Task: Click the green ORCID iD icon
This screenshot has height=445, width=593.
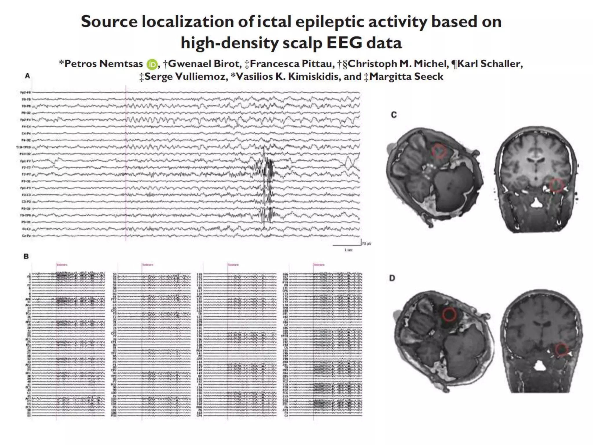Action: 152,64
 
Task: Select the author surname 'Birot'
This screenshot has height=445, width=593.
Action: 227,64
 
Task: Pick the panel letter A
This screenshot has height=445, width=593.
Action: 28,76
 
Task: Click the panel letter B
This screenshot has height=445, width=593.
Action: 26,256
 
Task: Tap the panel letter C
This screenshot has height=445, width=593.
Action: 394,115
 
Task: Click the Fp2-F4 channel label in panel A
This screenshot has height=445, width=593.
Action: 25,120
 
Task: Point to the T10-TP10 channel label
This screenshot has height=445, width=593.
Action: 23,147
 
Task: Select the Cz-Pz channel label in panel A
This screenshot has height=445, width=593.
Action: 26,236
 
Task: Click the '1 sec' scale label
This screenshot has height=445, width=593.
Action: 348,250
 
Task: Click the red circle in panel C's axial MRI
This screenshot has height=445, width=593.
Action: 439,151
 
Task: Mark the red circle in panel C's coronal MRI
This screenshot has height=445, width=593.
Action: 556,185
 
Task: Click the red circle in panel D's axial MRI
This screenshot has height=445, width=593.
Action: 449,314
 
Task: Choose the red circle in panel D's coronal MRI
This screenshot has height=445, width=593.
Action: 562,349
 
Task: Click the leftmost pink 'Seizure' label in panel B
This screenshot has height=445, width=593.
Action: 62,265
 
